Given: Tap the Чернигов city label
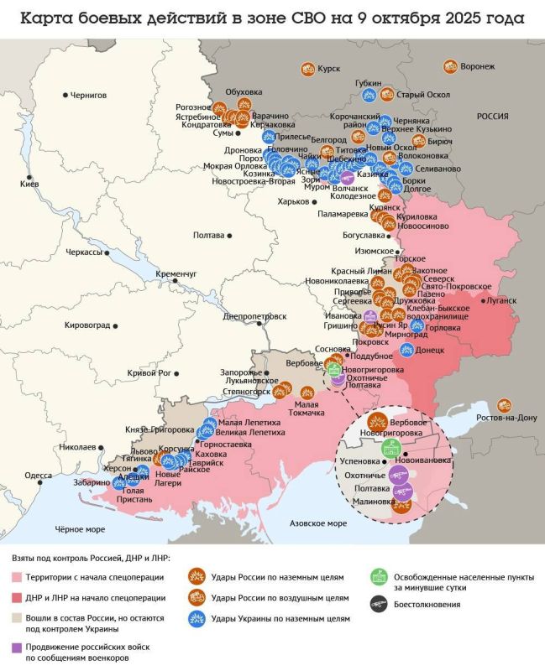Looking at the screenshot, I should click(88, 96).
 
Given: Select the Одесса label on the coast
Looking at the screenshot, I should click(38, 475).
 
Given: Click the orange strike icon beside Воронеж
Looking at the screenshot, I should click(450, 66).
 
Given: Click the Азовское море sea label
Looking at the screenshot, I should click(317, 523).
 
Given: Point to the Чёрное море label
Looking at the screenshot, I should click(80, 529).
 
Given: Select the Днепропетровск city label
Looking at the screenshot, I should click(255, 316).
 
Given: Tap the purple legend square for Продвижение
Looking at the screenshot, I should click(17, 648).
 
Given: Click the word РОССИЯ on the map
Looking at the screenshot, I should click(493, 117).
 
